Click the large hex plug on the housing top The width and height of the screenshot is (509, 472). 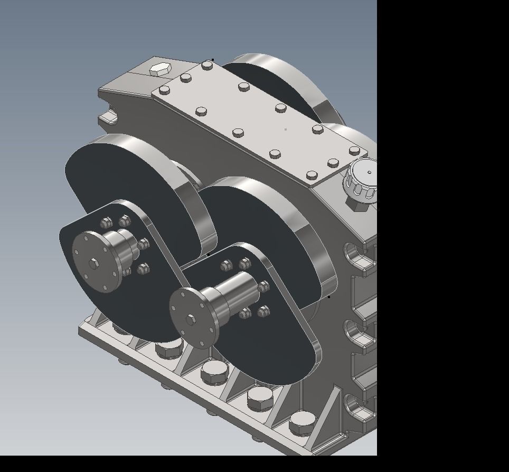pos(159,69)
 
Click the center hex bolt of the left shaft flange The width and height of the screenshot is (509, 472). pos(93,264)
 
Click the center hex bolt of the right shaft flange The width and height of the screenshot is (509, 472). pos(191,319)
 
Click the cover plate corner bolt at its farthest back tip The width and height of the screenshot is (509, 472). pos(207,66)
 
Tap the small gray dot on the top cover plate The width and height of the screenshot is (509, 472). pos(286,129)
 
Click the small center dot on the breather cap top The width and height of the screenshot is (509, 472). pos(369,172)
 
